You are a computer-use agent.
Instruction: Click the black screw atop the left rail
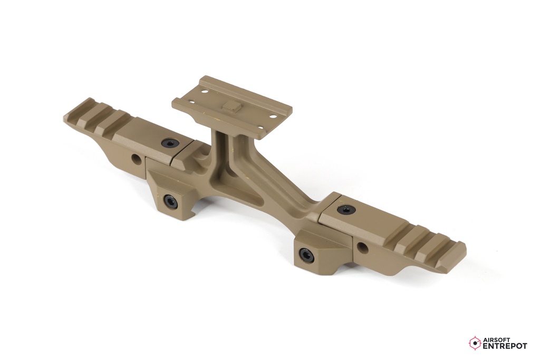click(169, 143)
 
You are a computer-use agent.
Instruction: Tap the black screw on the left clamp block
click(170, 201)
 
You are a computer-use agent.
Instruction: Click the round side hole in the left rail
click(137, 158)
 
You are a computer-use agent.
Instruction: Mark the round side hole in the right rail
click(361, 247)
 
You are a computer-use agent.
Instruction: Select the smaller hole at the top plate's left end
click(190, 102)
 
